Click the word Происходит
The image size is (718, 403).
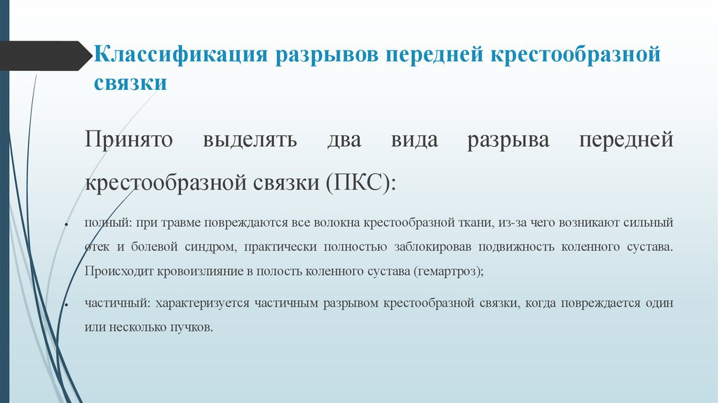point(115,271)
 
